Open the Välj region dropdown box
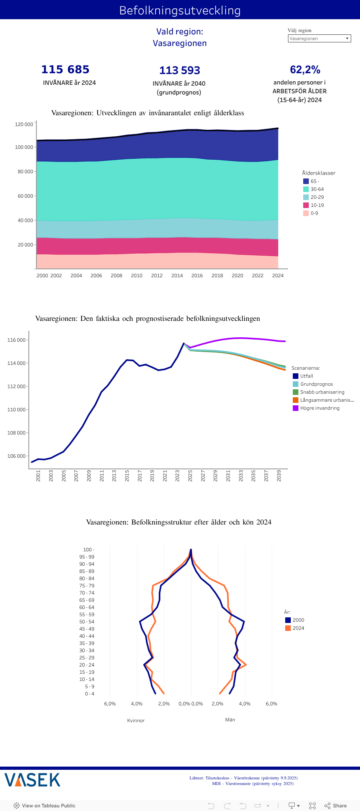click(x=319, y=38)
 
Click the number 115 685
click(x=66, y=70)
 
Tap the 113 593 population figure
click(x=180, y=70)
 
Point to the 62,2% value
click(x=305, y=70)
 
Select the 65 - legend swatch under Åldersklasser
click(x=306, y=181)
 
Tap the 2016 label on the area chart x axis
click(x=197, y=276)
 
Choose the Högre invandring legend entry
click(x=320, y=408)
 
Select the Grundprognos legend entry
click(x=316, y=384)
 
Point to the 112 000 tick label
click(x=16, y=386)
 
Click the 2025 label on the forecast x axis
click(x=190, y=476)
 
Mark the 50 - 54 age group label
click(x=87, y=622)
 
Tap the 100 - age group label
click(x=89, y=550)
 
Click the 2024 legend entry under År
click(x=298, y=628)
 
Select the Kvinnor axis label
click(x=136, y=721)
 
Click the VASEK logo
click(x=32, y=780)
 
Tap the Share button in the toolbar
click(x=336, y=806)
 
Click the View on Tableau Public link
click(x=45, y=806)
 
